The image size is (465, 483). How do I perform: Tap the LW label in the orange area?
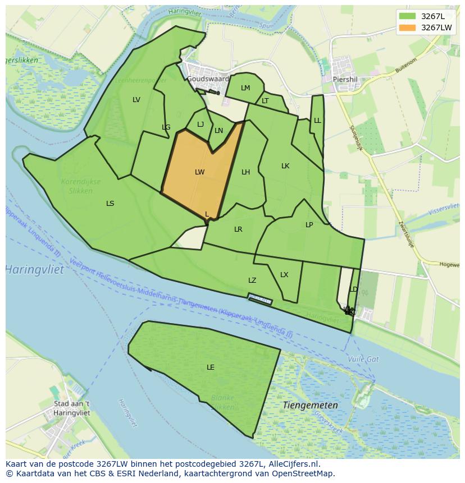(199, 172)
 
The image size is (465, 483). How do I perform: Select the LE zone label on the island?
(210, 367)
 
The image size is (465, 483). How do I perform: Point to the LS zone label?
(110, 204)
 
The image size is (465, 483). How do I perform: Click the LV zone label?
(136, 100)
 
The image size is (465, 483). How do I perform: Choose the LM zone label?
(245, 88)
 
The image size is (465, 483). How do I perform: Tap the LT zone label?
(265, 102)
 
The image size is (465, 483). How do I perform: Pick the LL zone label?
(317, 121)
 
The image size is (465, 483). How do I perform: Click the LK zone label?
(285, 166)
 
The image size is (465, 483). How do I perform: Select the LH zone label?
(245, 172)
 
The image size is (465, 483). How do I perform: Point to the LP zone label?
(309, 225)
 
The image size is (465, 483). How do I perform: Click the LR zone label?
(238, 229)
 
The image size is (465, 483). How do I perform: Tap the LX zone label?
(284, 275)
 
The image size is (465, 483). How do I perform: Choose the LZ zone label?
(252, 280)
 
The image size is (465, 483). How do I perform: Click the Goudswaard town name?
(208, 79)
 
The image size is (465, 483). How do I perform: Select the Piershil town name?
(345, 79)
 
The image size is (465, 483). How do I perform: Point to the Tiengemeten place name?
(311, 405)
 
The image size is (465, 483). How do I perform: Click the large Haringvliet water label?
(35, 270)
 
